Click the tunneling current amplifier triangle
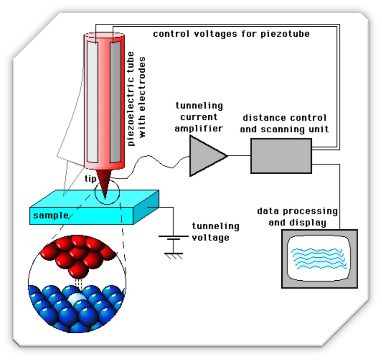tap(204, 156)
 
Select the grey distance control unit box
tap(281, 156)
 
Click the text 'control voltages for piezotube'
tap(231, 34)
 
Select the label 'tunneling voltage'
tap(215, 231)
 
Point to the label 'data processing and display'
tap(297, 216)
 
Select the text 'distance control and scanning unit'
tap(285, 123)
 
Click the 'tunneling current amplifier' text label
tap(199, 116)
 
